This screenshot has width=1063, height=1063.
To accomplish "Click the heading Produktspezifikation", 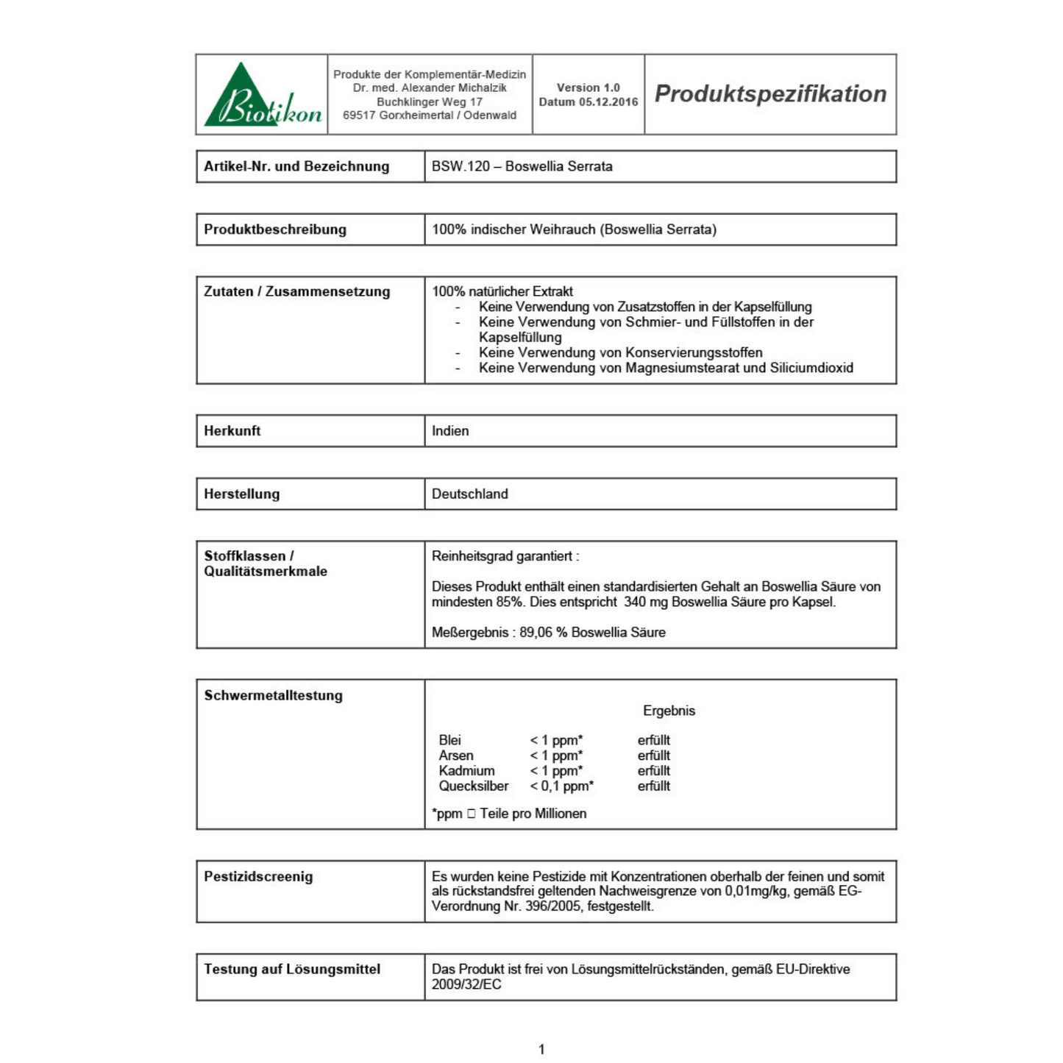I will (x=770, y=94).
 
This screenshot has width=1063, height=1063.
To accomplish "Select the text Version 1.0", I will (x=588, y=88).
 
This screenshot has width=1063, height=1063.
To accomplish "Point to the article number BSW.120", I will (x=461, y=166).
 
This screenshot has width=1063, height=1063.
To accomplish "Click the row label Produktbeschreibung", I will (x=275, y=230).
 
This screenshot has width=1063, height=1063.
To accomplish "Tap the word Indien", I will (x=450, y=431).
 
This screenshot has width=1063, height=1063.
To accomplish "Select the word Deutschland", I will (x=469, y=494).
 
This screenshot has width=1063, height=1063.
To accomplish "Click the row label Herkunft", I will (x=232, y=431).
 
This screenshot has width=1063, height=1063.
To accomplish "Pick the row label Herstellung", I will (x=242, y=494).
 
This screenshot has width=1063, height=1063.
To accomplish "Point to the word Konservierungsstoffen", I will (x=694, y=352).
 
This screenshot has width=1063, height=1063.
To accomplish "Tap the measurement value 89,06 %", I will (x=543, y=633).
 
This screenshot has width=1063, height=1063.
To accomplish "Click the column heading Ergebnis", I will (x=669, y=711).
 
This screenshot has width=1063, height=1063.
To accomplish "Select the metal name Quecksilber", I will (x=474, y=786).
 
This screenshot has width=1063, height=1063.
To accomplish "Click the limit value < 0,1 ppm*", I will (x=561, y=786).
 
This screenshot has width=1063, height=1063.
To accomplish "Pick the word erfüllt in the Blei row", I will (x=653, y=740).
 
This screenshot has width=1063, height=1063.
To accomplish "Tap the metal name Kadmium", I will (x=466, y=771).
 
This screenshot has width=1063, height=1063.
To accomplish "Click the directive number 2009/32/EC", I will (x=466, y=984).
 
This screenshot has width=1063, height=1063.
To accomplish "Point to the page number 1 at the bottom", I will (x=541, y=1050).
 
